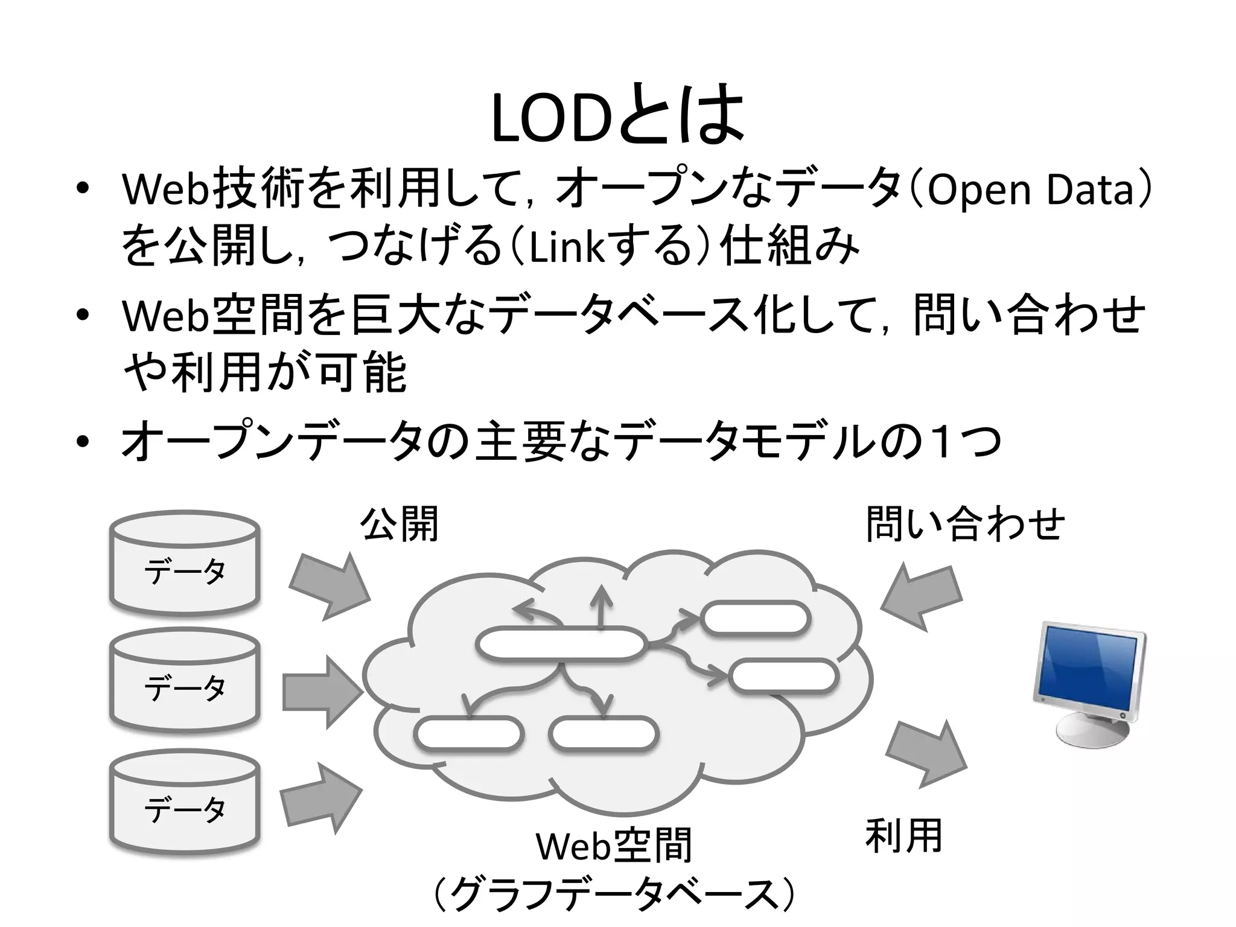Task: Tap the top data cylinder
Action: (185, 564)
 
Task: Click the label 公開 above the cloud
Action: (399, 524)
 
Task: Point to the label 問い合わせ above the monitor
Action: (965, 524)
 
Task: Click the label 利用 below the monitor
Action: (903, 835)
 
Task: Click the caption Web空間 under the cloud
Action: (614, 846)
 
